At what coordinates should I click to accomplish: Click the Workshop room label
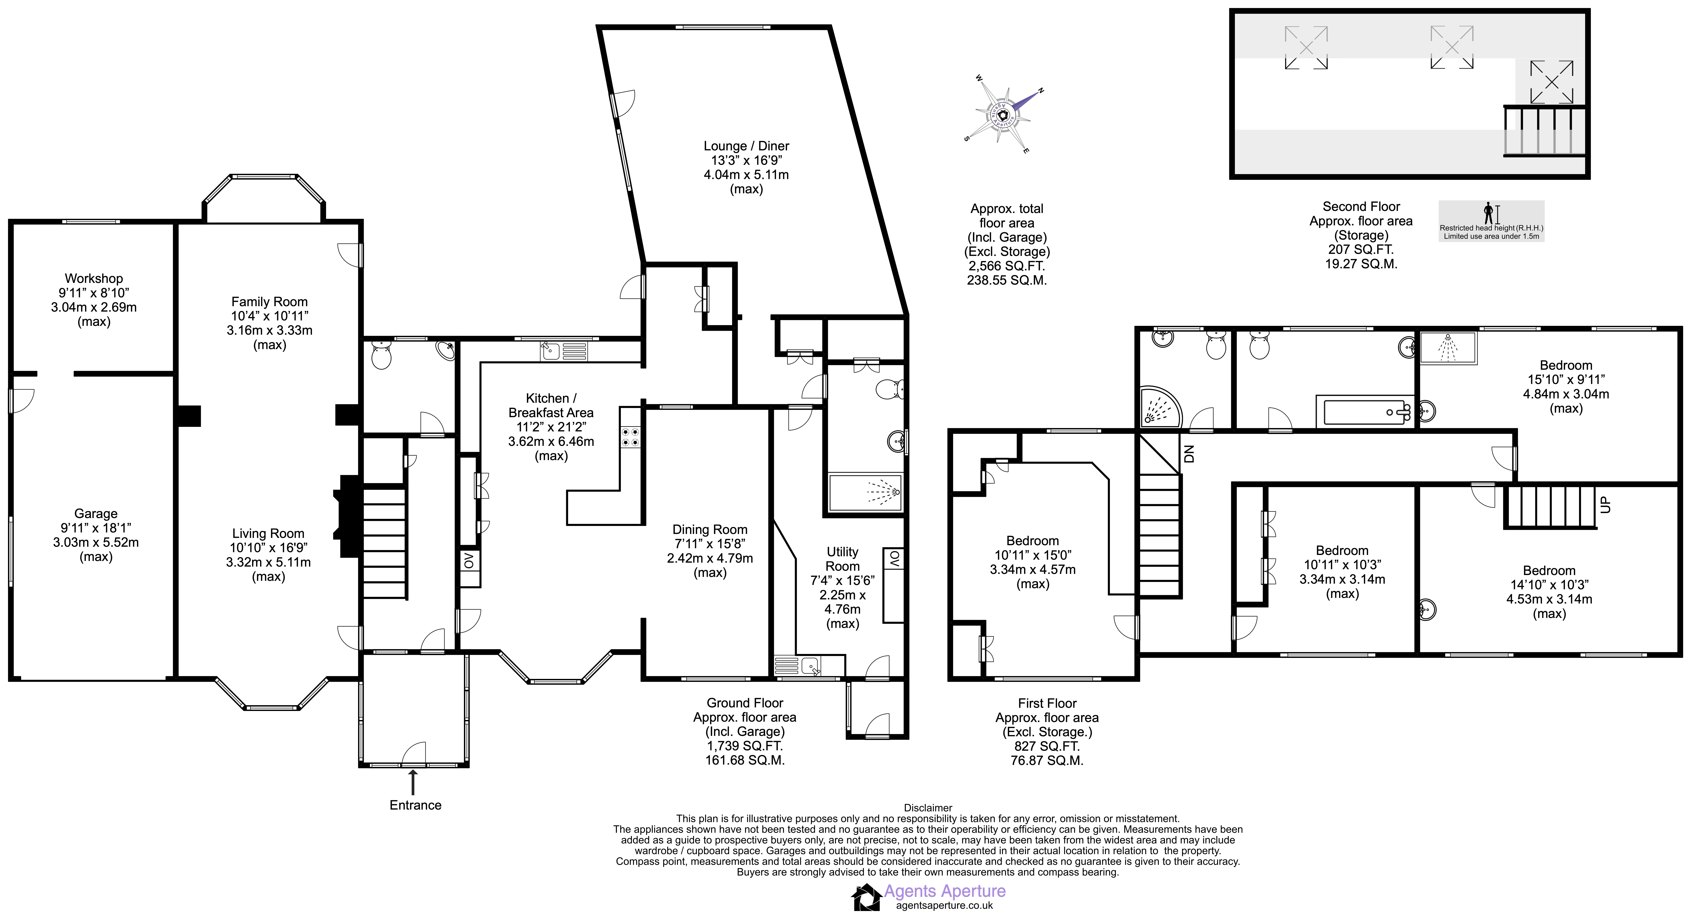pyautogui.click(x=94, y=278)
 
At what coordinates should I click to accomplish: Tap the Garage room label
pyautogui.click(x=96, y=514)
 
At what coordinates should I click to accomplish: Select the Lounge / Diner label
pyautogui.click(x=746, y=146)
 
